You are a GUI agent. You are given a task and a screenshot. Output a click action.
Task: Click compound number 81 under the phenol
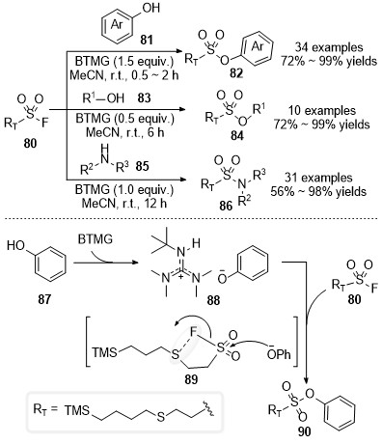[x=147, y=41]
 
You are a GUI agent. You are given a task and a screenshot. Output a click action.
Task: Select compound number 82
[x=236, y=73]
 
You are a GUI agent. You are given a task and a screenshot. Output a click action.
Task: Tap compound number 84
[x=237, y=136]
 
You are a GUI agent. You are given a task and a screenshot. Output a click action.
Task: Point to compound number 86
[x=226, y=206]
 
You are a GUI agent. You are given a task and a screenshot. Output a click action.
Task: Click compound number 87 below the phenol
[x=44, y=299]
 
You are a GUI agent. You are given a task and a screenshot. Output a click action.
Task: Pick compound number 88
[x=214, y=300]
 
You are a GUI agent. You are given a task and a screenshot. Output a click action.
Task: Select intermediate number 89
[x=191, y=379]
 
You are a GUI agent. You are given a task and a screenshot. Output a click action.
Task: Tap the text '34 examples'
[x=329, y=47]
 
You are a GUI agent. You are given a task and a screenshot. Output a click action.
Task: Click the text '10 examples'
[x=322, y=111]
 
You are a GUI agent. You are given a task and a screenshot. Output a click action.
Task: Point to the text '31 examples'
[x=318, y=178]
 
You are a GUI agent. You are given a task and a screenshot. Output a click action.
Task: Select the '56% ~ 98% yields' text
[x=318, y=192]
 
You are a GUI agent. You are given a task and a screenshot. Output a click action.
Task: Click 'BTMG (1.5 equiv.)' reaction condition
[x=124, y=61]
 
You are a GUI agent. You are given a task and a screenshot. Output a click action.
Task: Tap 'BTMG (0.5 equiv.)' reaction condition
[x=124, y=119]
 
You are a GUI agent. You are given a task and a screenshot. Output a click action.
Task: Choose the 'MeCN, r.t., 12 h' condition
[x=124, y=204]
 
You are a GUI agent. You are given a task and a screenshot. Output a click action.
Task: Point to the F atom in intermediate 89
[x=193, y=331]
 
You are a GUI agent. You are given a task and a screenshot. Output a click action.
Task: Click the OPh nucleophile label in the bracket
[x=279, y=353]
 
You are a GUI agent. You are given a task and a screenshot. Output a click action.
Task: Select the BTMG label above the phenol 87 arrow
[x=95, y=239]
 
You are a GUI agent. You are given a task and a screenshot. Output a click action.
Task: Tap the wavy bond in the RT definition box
[x=207, y=409]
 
